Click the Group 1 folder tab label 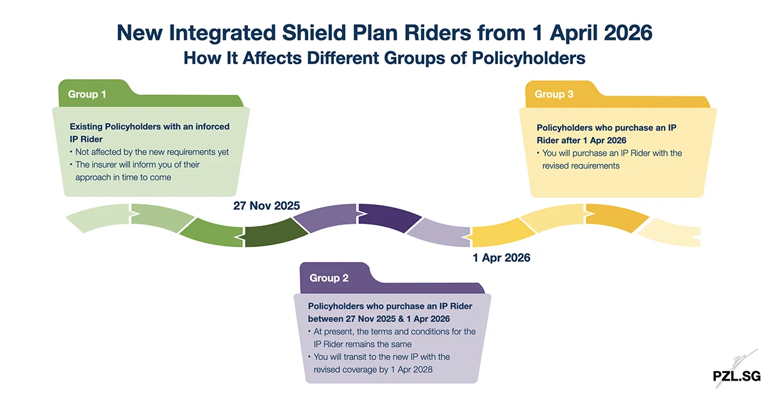click(87, 94)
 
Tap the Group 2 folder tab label click(329, 278)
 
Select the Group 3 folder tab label click(554, 94)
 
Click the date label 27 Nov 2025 click(266, 206)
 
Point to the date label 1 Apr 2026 click(501, 258)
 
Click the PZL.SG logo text click(736, 376)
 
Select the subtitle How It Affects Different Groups click(384, 58)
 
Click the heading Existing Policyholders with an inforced click(149, 126)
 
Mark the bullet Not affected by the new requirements click(152, 152)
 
